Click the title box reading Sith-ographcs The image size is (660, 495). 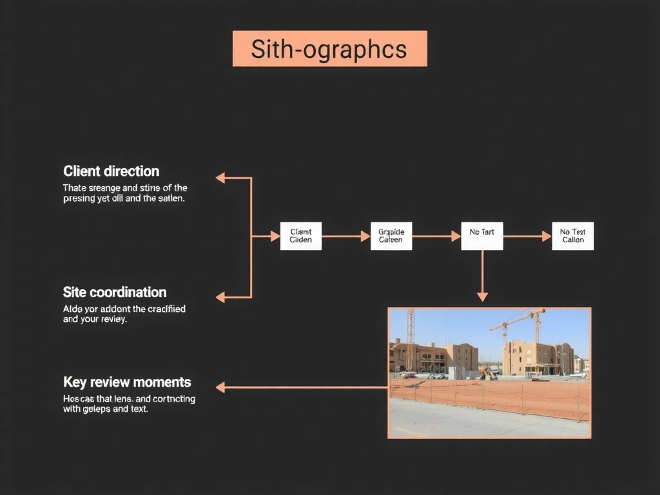pos(329,48)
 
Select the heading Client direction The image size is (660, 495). pos(111,171)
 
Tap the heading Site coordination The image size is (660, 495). pos(115,292)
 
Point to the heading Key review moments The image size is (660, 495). pos(127,382)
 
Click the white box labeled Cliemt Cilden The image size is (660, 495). pos(300,236)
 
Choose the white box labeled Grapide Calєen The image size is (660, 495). pos(391,236)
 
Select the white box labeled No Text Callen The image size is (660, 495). pos(572,236)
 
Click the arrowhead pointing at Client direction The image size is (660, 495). pos(220,178)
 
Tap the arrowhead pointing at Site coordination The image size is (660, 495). pos(220,297)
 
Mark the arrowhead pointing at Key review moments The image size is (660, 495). pos(220,387)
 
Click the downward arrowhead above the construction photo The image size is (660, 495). pos(482,296)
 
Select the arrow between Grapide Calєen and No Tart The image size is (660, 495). pos(436,237)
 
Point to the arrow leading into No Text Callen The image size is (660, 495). pos(527,237)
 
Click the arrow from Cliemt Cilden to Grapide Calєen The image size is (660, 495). pos(346,237)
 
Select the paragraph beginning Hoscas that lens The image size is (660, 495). pos(129,403)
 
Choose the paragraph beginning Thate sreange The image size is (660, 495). pos(125,193)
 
